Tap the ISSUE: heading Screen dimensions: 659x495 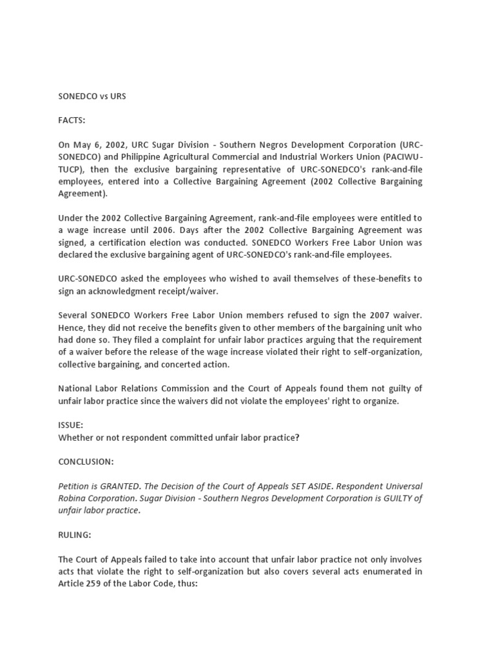(70, 425)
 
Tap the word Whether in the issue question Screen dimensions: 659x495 (77, 438)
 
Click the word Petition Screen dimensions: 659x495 (75, 485)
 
